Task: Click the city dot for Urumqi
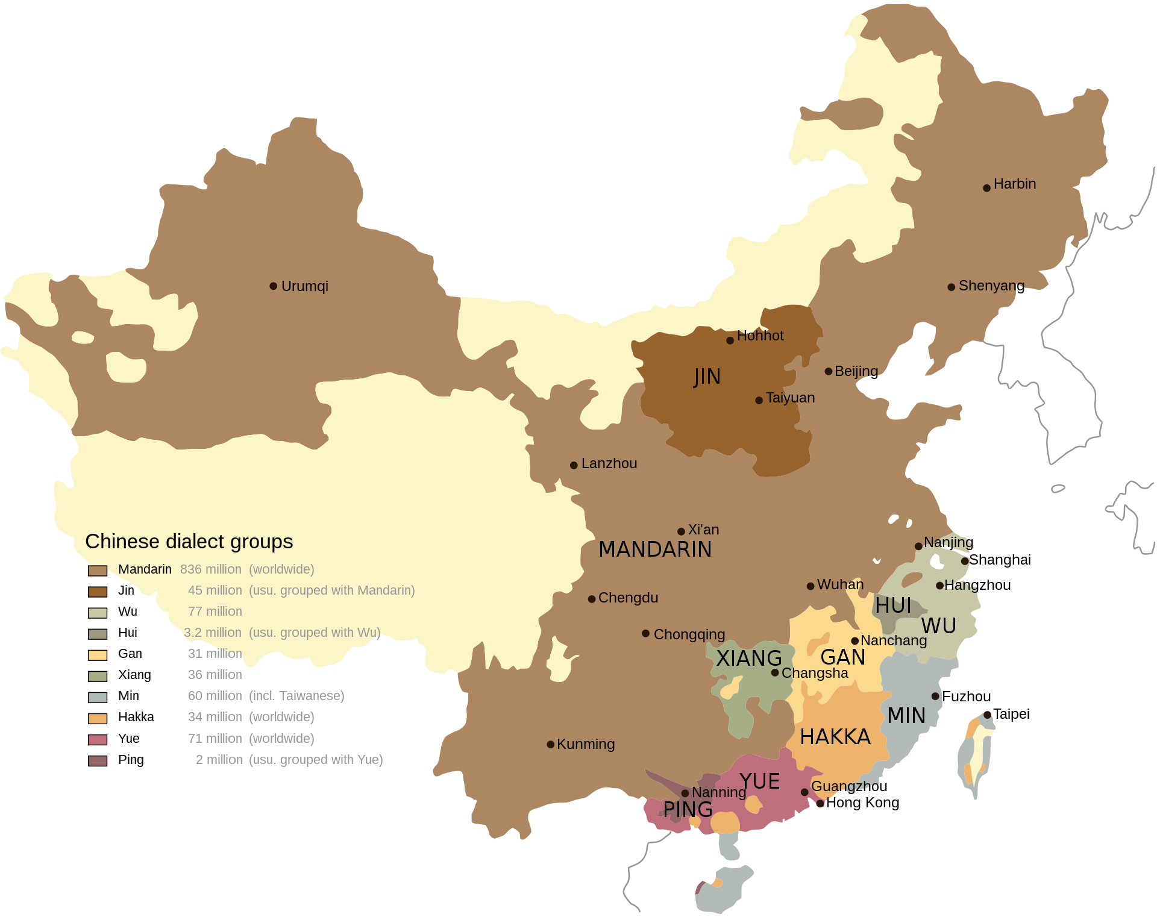273,286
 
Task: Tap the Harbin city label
1014,184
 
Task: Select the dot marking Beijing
828,371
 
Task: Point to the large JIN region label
707,377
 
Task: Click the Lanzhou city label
609,463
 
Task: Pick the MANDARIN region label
655,549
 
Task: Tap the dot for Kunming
550,745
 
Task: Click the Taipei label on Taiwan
1011,714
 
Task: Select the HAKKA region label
835,736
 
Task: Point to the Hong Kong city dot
820,803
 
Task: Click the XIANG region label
748,658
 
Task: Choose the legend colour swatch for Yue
98,739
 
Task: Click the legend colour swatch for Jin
98,592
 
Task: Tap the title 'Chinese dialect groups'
189,541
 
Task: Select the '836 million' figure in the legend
210,569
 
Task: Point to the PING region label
688,809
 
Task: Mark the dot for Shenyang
951,287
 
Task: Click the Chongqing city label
689,634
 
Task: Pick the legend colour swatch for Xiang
98,676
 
